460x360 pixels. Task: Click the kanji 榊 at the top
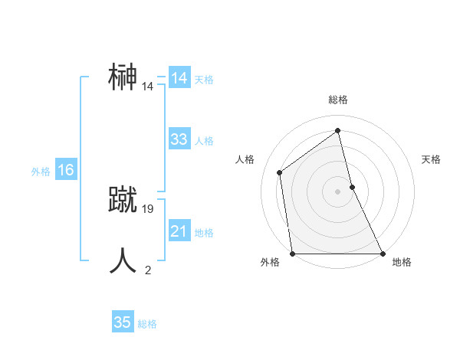123,77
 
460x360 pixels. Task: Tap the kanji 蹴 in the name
123,199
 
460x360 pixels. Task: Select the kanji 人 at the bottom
123,260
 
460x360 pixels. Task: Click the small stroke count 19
148,208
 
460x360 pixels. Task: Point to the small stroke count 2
148,270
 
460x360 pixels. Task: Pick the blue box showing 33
179,139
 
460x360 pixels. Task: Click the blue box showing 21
179,231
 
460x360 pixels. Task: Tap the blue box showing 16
65,170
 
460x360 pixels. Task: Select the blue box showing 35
122,322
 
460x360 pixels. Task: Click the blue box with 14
179,78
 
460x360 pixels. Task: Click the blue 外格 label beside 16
41,172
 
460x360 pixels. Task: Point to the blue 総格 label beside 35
147,324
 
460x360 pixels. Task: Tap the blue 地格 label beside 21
204,233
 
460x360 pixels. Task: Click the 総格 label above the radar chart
337,100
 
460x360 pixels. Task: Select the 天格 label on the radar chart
432,159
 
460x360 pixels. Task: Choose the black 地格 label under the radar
402,262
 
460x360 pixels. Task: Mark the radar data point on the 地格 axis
383,254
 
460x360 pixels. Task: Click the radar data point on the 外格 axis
292,254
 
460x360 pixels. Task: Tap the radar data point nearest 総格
337,130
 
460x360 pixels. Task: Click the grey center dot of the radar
337,191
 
